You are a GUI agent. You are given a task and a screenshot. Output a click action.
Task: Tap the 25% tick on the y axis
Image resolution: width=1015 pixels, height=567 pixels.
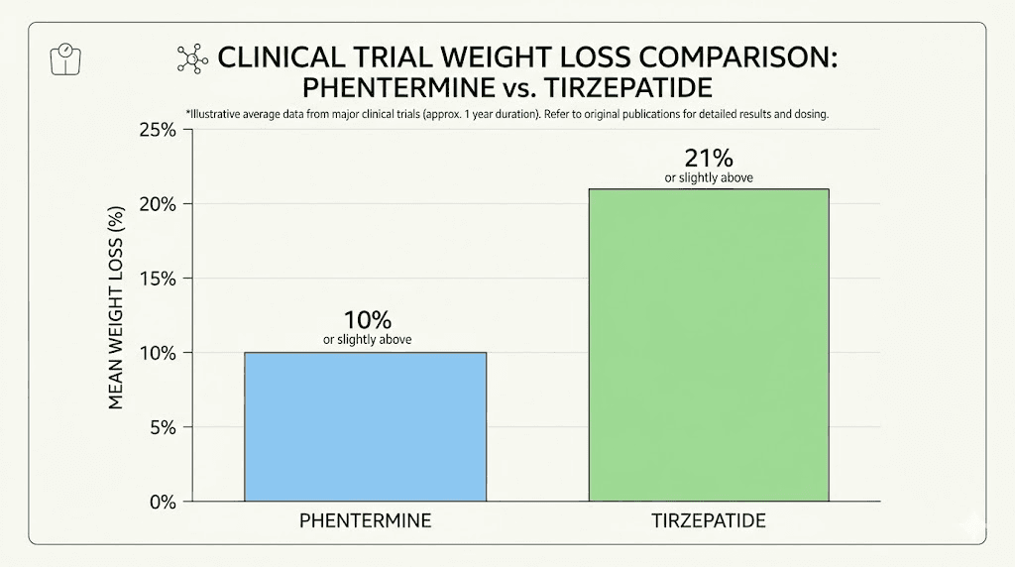click(156, 130)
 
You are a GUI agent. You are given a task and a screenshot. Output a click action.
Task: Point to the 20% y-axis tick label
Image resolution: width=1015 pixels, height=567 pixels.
click(156, 204)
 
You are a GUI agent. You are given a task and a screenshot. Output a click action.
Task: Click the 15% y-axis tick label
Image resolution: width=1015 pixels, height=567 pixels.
click(157, 279)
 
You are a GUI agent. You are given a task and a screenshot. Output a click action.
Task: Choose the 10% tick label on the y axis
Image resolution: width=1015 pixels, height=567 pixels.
click(157, 353)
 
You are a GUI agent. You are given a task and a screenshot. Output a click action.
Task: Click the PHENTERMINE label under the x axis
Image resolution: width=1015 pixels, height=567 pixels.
click(364, 520)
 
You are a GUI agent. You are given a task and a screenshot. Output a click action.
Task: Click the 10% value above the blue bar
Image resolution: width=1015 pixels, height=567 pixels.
click(367, 320)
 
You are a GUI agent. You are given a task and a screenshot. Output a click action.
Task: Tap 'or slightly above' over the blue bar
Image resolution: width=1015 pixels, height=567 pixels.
click(367, 340)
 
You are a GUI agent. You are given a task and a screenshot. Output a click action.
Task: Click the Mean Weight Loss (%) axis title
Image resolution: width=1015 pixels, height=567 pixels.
click(114, 308)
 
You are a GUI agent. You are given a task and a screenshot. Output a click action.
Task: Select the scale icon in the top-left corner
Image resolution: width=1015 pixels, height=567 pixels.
click(62, 57)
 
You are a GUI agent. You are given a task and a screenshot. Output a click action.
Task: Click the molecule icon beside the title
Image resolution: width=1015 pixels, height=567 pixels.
click(188, 57)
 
